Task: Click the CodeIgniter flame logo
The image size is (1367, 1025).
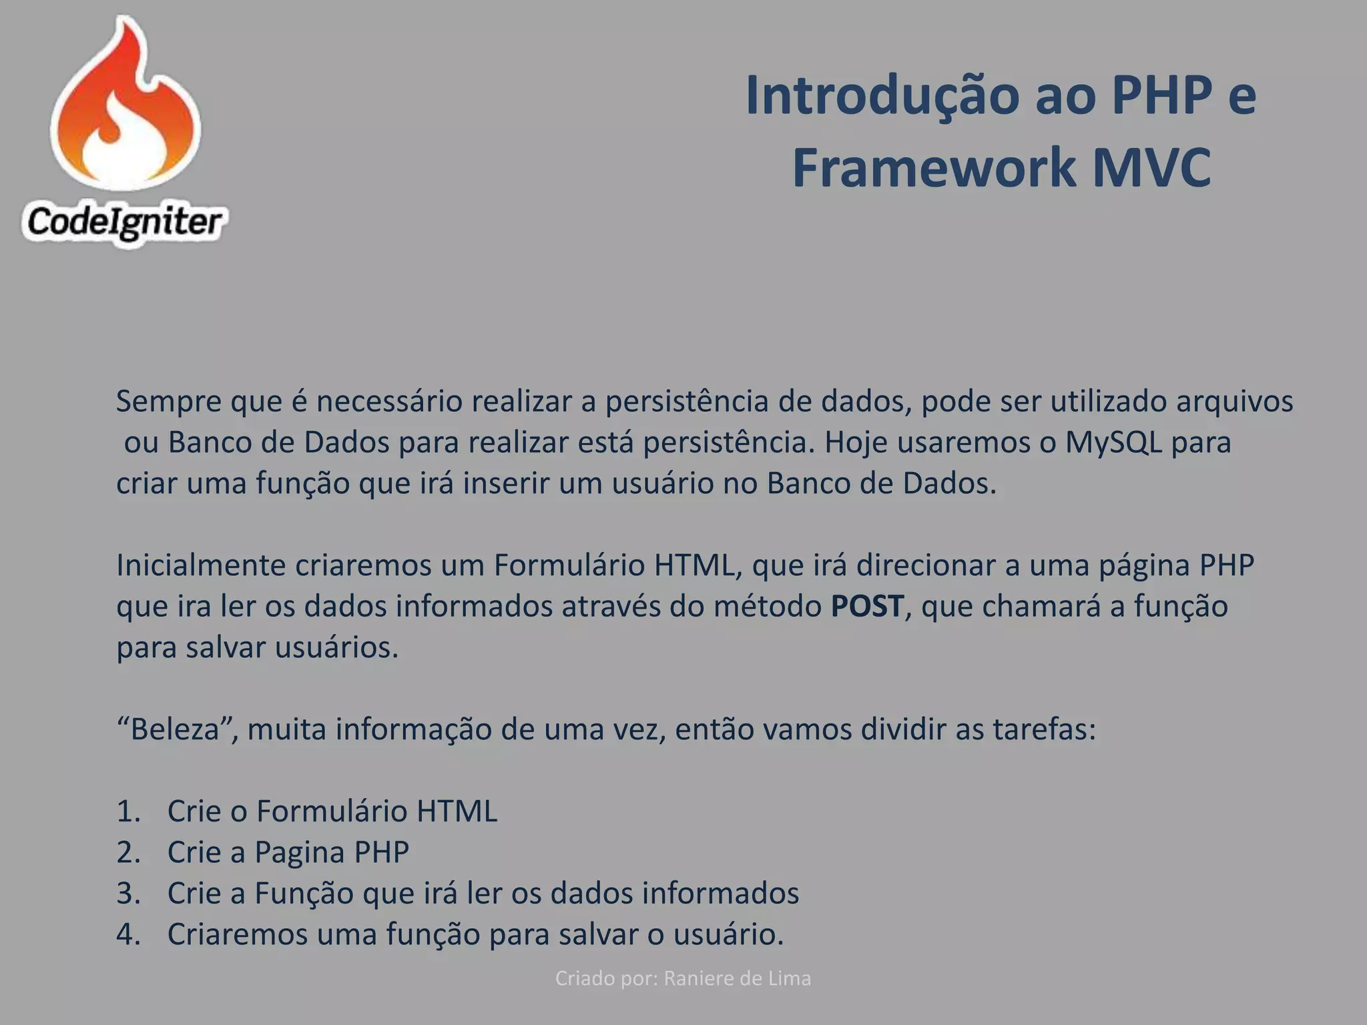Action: tap(125, 107)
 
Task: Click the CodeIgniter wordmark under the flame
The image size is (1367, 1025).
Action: tap(124, 222)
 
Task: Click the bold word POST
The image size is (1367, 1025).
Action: tap(867, 606)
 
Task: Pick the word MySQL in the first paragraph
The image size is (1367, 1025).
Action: tap(1113, 442)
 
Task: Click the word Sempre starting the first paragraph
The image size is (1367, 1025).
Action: tap(169, 402)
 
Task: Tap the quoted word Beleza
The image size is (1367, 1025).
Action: tap(175, 729)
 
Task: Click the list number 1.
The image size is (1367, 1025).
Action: tap(127, 811)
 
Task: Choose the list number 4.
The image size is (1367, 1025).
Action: tap(127, 934)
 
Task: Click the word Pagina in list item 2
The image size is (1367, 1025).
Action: tap(298, 853)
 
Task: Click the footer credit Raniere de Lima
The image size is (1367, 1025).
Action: tap(737, 978)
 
